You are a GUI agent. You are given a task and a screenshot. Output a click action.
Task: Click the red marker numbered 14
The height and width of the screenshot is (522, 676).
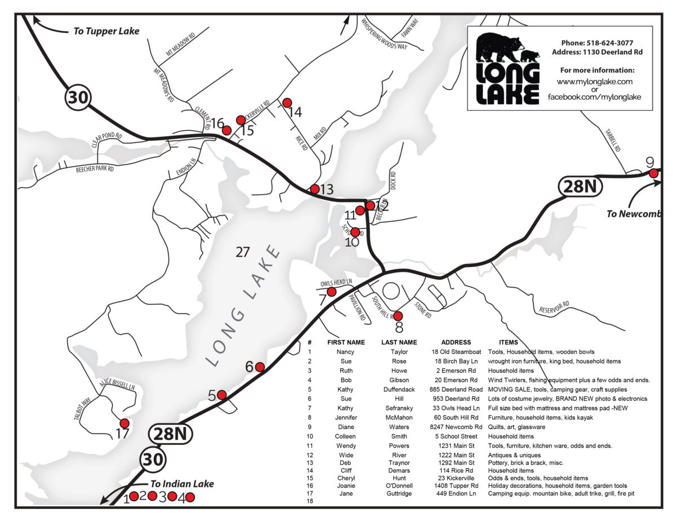pyautogui.click(x=287, y=102)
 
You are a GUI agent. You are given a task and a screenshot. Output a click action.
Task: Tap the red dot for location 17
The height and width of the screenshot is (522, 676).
pyautogui.click(x=124, y=423)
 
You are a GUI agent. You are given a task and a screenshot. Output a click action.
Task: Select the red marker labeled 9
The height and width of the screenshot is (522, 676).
pyautogui.click(x=653, y=173)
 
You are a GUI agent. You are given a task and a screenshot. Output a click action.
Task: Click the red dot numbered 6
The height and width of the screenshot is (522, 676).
pyautogui.click(x=260, y=367)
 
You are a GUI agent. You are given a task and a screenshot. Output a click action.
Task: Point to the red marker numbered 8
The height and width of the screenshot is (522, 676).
pyautogui.click(x=398, y=316)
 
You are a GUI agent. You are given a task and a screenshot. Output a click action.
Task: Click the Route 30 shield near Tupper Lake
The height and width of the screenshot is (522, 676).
pyautogui.click(x=78, y=97)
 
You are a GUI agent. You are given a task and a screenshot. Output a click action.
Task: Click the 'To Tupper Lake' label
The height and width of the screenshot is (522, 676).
pyautogui.click(x=106, y=31)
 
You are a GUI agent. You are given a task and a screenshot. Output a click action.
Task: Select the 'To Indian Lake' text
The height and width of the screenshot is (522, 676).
pyautogui.click(x=181, y=484)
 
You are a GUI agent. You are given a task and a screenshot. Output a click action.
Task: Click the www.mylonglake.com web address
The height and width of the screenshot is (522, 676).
pyautogui.click(x=594, y=81)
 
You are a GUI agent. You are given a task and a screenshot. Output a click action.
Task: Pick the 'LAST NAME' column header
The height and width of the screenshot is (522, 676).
pyautogui.click(x=399, y=342)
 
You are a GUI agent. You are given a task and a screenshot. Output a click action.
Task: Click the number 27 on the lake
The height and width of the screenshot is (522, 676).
pyautogui.click(x=242, y=252)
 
